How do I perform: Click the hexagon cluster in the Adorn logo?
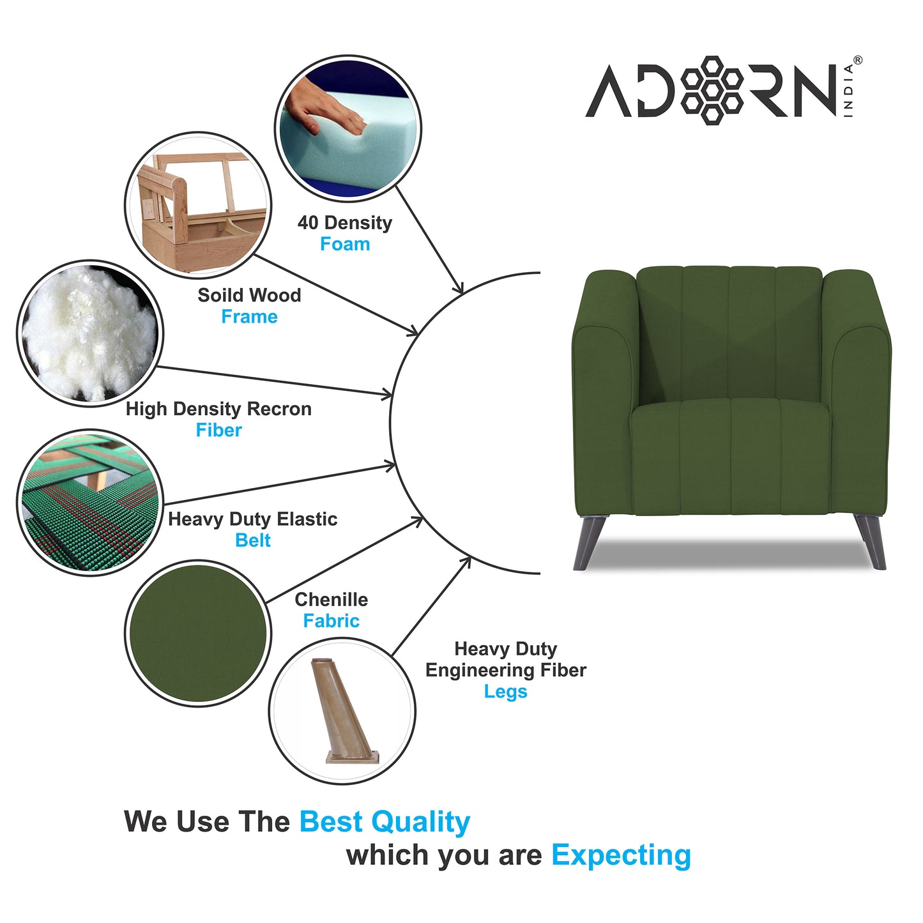point(712,89)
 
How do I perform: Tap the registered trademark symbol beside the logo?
point(857,60)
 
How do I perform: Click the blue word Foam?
point(345,244)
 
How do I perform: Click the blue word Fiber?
point(218,431)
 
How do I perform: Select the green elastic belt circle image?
point(89,503)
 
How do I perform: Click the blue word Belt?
point(253,540)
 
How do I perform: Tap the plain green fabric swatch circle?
point(198,633)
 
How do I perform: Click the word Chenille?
point(331,600)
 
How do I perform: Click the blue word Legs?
point(505,692)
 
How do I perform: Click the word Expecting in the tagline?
point(621,855)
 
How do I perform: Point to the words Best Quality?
point(385,822)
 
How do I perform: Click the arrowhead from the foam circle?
point(458,289)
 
